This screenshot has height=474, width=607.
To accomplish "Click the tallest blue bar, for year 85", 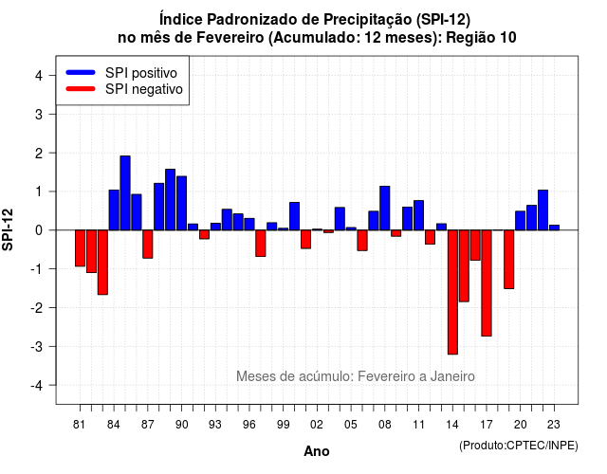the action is [x=125, y=193].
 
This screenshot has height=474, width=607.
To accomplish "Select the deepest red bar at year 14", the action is [x=452, y=292].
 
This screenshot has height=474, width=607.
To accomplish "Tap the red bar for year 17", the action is [x=487, y=283].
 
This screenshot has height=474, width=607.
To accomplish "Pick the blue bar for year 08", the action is [x=385, y=209].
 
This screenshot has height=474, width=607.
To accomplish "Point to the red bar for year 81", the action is [x=80, y=248].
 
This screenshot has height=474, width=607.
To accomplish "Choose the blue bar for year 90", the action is [x=181, y=203].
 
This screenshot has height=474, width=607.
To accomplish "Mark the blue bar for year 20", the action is [x=521, y=221].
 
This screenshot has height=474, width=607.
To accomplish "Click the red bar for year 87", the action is [x=148, y=245].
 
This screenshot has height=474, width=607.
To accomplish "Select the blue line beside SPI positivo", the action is [x=81, y=72].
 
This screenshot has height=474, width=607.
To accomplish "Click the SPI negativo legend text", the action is [x=144, y=89].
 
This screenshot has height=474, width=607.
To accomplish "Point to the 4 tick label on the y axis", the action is [x=39, y=76].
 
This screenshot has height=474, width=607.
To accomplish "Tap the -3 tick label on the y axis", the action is [x=36, y=346].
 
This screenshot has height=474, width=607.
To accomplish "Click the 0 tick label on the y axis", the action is [x=39, y=230].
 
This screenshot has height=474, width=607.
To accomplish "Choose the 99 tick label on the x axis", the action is [x=283, y=425].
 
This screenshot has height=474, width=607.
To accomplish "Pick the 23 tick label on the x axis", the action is [x=554, y=425].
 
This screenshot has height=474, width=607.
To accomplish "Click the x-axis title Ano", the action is [x=317, y=451].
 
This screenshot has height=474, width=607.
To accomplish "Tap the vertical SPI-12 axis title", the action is [x=8, y=229].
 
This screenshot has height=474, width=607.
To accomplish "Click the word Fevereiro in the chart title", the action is [x=230, y=38].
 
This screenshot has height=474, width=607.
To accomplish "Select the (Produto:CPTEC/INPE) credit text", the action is [x=519, y=446].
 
